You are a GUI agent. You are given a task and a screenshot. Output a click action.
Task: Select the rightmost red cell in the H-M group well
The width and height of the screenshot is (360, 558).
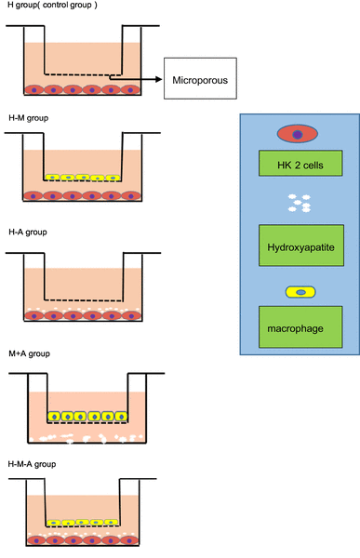[x=131, y=196]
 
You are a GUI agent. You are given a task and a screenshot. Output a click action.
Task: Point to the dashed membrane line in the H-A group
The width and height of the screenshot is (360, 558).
[x=84, y=299]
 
